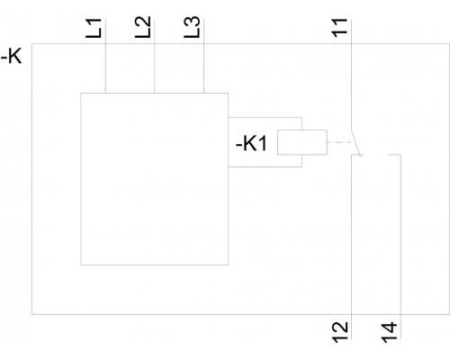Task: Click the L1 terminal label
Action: pos(94,28)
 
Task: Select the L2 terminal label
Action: pos(143,27)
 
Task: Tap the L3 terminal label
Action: pos(192,27)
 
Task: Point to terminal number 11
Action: pos(339,28)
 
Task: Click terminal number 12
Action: pos(340,332)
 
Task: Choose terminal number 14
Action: pos(390,332)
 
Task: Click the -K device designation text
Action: pos(12,56)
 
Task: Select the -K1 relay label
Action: pos(251,143)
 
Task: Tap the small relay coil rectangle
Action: pos(302,142)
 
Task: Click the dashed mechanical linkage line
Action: pos(340,142)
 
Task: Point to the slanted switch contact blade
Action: pos(355,143)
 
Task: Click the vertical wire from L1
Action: pos(105,56)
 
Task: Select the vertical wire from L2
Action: pos(155,56)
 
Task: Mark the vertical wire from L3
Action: pos(203,56)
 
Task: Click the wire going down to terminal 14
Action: pos(400,247)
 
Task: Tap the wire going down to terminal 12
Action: pos(351,247)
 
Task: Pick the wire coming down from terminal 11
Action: pos(351,75)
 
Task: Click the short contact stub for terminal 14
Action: pos(394,155)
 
